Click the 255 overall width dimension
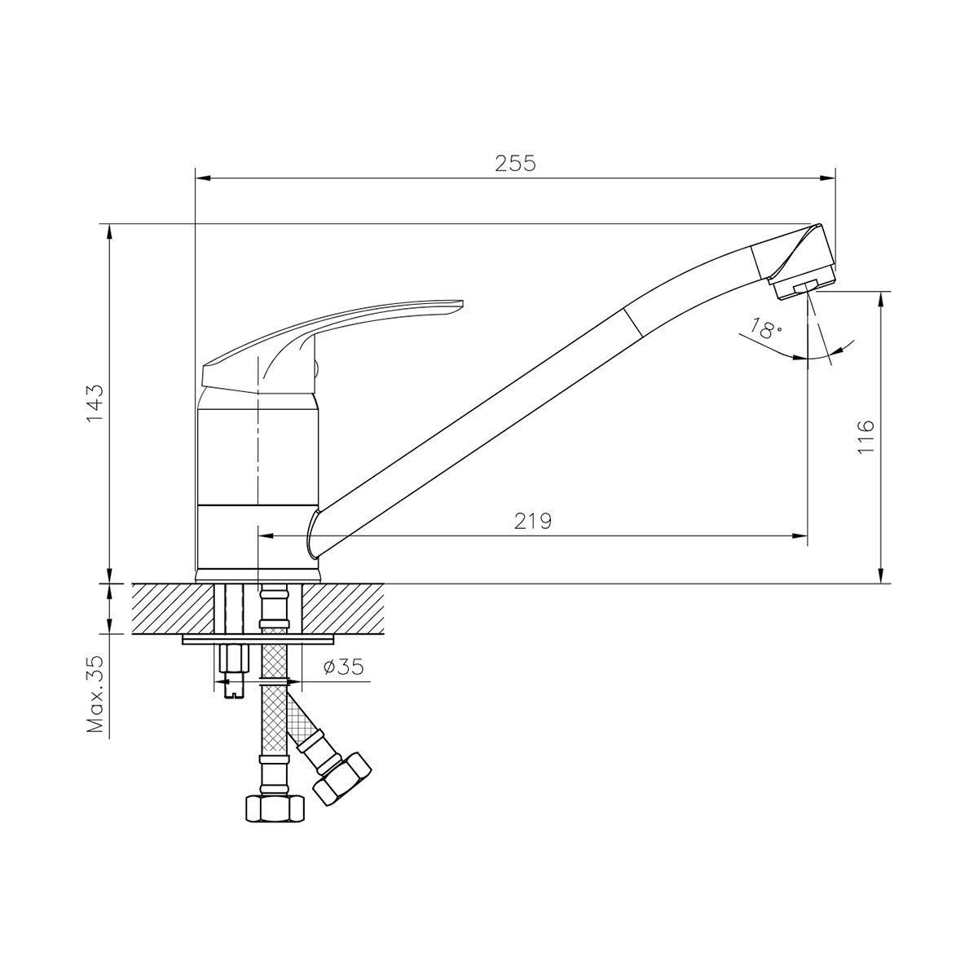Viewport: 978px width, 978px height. pos(515,163)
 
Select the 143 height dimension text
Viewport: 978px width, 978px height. pos(95,402)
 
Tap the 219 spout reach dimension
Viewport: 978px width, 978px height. pos(532,522)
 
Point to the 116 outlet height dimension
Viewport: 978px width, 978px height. pos(865,437)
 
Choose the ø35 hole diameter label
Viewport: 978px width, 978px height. pos(342,667)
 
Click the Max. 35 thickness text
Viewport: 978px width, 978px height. pos(95,695)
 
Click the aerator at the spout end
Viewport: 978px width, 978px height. pos(803,286)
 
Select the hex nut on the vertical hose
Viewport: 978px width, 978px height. pos(275,808)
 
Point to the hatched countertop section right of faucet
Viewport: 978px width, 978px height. pos(346,608)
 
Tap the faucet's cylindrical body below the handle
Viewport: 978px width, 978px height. pos(257,456)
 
